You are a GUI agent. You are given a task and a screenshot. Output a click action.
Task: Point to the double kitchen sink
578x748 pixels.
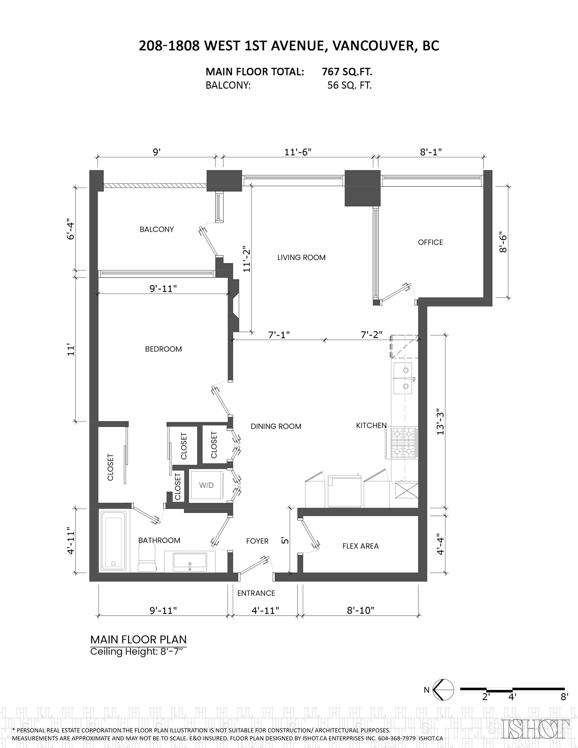pyautogui.click(x=403, y=379)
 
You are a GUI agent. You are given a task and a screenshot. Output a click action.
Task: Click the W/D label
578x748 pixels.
pyautogui.click(x=206, y=485)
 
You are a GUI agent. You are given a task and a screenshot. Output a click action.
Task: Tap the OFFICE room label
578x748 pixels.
pyautogui.click(x=430, y=242)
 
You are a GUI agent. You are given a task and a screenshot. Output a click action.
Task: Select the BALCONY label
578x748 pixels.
pyautogui.click(x=157, y=229)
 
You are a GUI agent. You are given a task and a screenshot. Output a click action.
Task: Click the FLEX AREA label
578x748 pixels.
pyautogui.click(x=360, y=546)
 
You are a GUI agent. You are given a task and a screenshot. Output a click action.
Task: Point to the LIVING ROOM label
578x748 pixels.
pyautogui.click(x=302, y=257)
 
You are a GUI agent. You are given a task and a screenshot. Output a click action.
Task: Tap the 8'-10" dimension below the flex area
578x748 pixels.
pyautogui.click(x=360, y=610)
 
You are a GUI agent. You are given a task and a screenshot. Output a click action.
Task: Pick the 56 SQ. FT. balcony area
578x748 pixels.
pyautogui.click(x=349, y=85)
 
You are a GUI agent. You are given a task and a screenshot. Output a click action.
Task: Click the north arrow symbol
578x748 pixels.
pyautogui.click(x=443, y=690)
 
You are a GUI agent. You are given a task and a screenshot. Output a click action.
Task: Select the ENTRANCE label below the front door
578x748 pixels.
pyautogui.click(x=256, y=593)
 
